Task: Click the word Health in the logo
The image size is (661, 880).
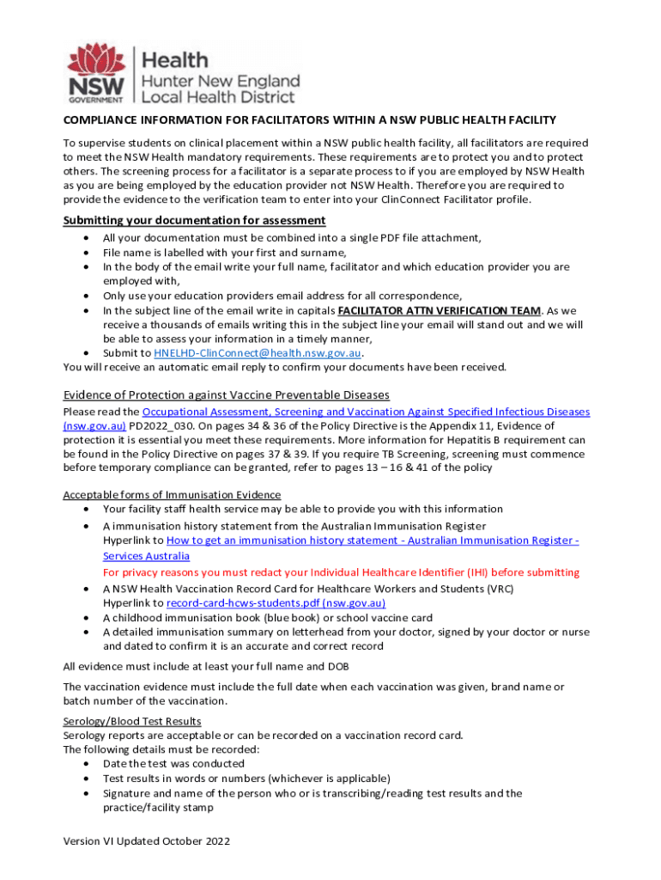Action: tap(174, 60)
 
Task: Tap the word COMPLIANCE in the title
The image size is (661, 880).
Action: tap(102, 120)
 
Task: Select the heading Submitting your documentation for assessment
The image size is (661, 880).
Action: tap(194, 221)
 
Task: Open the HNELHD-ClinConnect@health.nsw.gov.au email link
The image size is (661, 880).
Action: tap(258, 353)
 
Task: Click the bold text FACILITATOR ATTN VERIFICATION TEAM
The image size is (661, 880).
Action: tap(440, 310)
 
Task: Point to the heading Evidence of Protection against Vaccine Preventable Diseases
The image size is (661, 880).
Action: tap(227, 394)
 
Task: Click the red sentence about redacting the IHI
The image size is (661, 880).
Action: tap(341, 572)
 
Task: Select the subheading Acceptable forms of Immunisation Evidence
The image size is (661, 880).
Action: tap(172, 495)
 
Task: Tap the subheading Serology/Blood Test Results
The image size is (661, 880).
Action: tap(132, 721)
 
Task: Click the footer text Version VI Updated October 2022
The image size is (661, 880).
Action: tap(147, 841)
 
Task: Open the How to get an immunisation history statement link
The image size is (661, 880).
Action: tap(372, 541)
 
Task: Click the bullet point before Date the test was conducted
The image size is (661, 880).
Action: tap(88, 764)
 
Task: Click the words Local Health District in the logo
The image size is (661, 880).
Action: tap(219, 97)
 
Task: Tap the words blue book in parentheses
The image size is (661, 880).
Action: tap(296, 618)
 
